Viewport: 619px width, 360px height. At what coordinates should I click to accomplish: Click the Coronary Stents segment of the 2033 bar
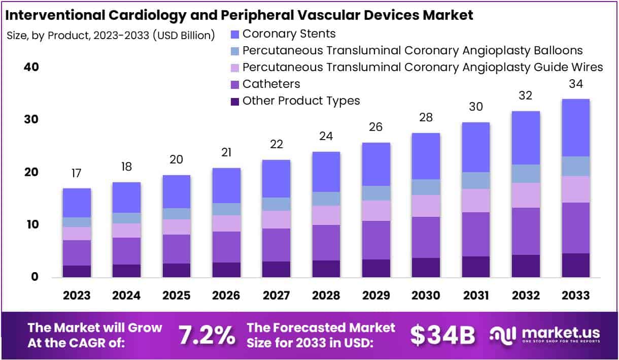(575, 127)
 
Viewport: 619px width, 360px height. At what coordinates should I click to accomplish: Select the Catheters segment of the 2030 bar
(426, 237)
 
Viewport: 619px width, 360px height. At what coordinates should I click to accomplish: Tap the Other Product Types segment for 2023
(77, 271)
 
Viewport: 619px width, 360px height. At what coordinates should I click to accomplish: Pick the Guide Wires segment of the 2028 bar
(326, 215)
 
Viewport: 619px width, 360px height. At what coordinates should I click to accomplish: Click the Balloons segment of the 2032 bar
(526, 174)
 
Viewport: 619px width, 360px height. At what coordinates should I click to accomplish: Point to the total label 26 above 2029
(376, 127)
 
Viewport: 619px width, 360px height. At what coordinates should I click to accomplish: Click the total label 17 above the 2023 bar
(77, 173)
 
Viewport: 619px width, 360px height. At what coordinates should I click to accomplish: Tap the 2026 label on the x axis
(226, 296)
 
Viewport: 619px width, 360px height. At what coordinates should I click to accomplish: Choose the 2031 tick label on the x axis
(475, 296)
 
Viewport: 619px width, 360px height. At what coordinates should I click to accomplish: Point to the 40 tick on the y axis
(31, 68)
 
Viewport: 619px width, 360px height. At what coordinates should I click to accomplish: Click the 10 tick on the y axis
(31, 224)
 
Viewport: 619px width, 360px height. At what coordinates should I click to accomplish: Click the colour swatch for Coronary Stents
(234, 35)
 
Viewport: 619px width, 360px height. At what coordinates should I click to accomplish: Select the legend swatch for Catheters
(234, 84)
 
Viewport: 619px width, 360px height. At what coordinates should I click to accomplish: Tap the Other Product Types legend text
(301, 101)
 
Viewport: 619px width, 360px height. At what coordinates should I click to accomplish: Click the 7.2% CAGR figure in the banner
(207, 335)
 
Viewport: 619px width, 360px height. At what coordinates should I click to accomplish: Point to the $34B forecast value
(442, 335)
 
